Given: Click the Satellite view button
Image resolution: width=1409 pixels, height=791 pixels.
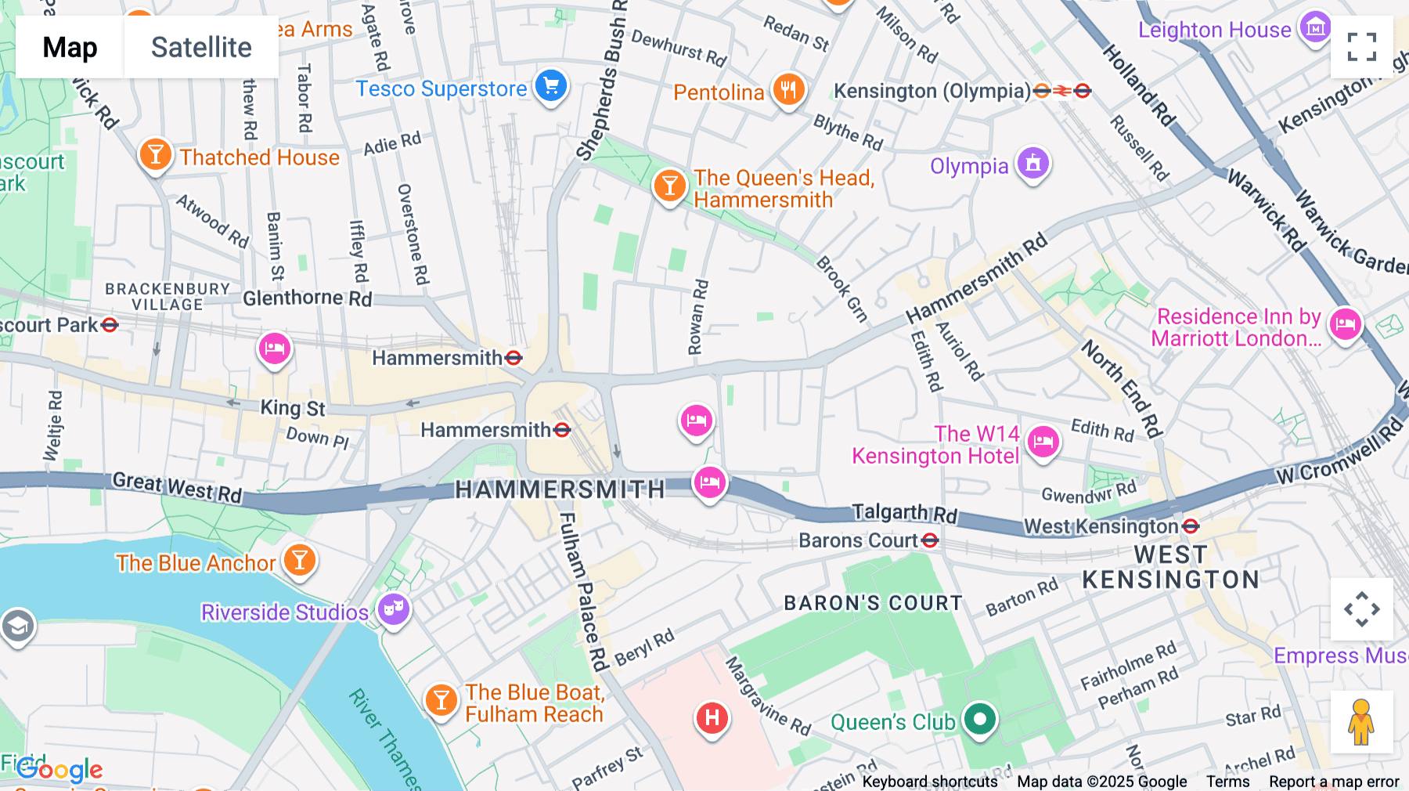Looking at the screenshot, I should click(x=201, y=47).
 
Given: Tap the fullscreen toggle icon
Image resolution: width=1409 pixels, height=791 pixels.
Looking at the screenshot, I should click(x=1361, y=47).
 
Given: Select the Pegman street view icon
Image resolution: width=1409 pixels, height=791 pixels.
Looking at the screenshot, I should click(x=1361, y=721).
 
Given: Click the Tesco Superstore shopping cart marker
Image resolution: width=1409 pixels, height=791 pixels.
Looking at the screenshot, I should click(x=551, y=86).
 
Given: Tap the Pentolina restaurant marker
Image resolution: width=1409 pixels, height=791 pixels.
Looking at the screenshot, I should click(x=788, y=90).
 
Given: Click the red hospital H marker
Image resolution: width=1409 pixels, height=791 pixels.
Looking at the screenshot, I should click(x=712, y=717).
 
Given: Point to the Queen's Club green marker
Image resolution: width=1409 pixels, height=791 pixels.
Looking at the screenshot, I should click(x=979, y=719).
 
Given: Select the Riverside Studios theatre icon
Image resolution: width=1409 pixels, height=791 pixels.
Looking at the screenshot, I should click(x=393, y=609).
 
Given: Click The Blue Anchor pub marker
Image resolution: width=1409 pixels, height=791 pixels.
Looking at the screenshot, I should click(x=299, y=560).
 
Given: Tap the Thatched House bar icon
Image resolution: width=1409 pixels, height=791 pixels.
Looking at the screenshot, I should click(x=155, y=154).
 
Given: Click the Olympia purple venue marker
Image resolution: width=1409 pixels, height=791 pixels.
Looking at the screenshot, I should click(x=1032, y=163).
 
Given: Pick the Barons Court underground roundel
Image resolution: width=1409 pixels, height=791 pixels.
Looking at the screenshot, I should click(x=930, y=540).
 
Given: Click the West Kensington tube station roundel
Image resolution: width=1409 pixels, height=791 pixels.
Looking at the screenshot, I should click(x=1191, y=526).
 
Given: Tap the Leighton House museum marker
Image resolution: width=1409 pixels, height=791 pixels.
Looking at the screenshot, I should click(x=1315, y=27).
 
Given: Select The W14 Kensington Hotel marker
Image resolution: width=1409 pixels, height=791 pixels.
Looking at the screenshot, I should click(x=1043, y=442).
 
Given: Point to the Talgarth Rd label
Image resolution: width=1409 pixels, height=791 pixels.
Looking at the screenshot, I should click(x=904, y=513).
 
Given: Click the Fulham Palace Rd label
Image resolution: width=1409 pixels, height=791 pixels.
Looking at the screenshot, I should click(x=583, y=591).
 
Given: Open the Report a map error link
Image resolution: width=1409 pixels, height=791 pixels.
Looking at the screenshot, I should click(x=1334, y=782).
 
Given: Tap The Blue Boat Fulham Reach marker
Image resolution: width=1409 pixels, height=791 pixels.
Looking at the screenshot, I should click(x=441, y=699).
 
